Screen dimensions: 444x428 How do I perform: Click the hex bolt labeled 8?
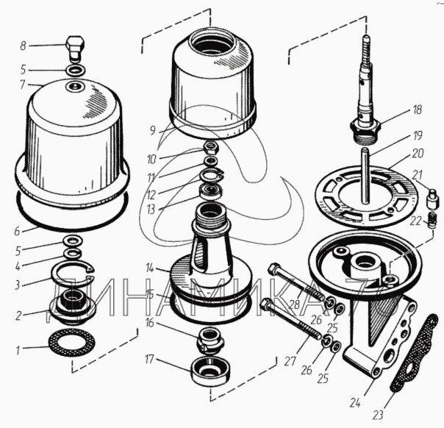coord(75,49)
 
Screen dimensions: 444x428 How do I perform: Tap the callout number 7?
coord(23,85)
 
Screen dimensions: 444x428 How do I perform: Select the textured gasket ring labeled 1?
coord(72,343)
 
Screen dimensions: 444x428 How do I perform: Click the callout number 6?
coord(18,231)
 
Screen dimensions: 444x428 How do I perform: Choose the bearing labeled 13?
coord(211,191)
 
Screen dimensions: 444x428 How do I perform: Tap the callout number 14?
coord(150,268)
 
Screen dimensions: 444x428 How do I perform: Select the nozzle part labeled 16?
coord(209,339)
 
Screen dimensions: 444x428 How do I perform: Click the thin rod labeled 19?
coord(366,175)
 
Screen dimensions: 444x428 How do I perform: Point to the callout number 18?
coord(417,110)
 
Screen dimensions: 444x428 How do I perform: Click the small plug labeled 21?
coord(433,199)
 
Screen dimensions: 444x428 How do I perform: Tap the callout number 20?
coord(418,153)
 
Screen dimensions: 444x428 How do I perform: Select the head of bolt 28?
coord(274,268)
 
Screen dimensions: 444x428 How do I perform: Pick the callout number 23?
coord(377,415)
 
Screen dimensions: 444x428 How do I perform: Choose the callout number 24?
coord(355,402)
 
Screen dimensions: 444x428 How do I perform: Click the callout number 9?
coord(153,131)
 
